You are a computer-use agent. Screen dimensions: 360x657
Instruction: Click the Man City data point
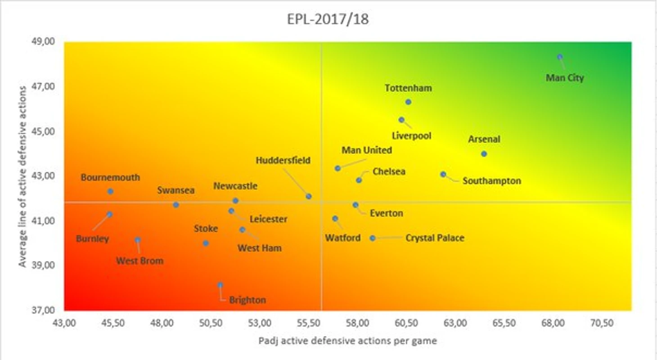(560, 57)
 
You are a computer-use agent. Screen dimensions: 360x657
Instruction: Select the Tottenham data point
(408, 102)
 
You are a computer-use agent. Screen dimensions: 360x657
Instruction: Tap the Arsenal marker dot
(484, 154)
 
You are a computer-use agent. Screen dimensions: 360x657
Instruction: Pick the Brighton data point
(220, 285)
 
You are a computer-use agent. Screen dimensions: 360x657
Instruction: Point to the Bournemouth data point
(110, 191)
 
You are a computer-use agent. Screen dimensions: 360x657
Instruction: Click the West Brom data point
(138, 240)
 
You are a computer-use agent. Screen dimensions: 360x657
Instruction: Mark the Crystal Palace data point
(373, 238)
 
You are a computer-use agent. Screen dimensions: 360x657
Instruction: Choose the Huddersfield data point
(309, 196)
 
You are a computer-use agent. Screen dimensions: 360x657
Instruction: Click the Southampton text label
(491, 181)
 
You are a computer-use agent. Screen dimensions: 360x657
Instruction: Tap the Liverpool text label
(411, 135)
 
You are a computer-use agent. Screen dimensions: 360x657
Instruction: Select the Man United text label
(367, 150)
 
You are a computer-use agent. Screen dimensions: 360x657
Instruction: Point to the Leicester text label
(268, 219)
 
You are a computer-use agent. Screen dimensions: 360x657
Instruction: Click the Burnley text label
(93, 238)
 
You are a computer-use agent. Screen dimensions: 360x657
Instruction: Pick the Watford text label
(343, 238)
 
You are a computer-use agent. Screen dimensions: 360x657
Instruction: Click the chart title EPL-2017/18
(328, 20)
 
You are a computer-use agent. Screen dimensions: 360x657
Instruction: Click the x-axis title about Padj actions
(347, 341)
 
